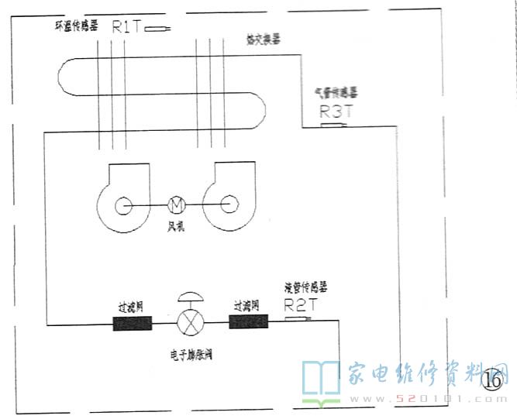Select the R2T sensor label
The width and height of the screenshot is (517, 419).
(x=302, y=305)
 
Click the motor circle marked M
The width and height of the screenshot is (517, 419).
(x=175, y=205)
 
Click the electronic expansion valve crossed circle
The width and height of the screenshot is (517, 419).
(x=189, y=322)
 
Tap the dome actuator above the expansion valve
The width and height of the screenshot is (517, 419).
(x=189, y=298)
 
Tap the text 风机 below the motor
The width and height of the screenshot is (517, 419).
(x=175, y=225)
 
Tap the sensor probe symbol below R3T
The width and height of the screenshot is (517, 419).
(x=333, y=125)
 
